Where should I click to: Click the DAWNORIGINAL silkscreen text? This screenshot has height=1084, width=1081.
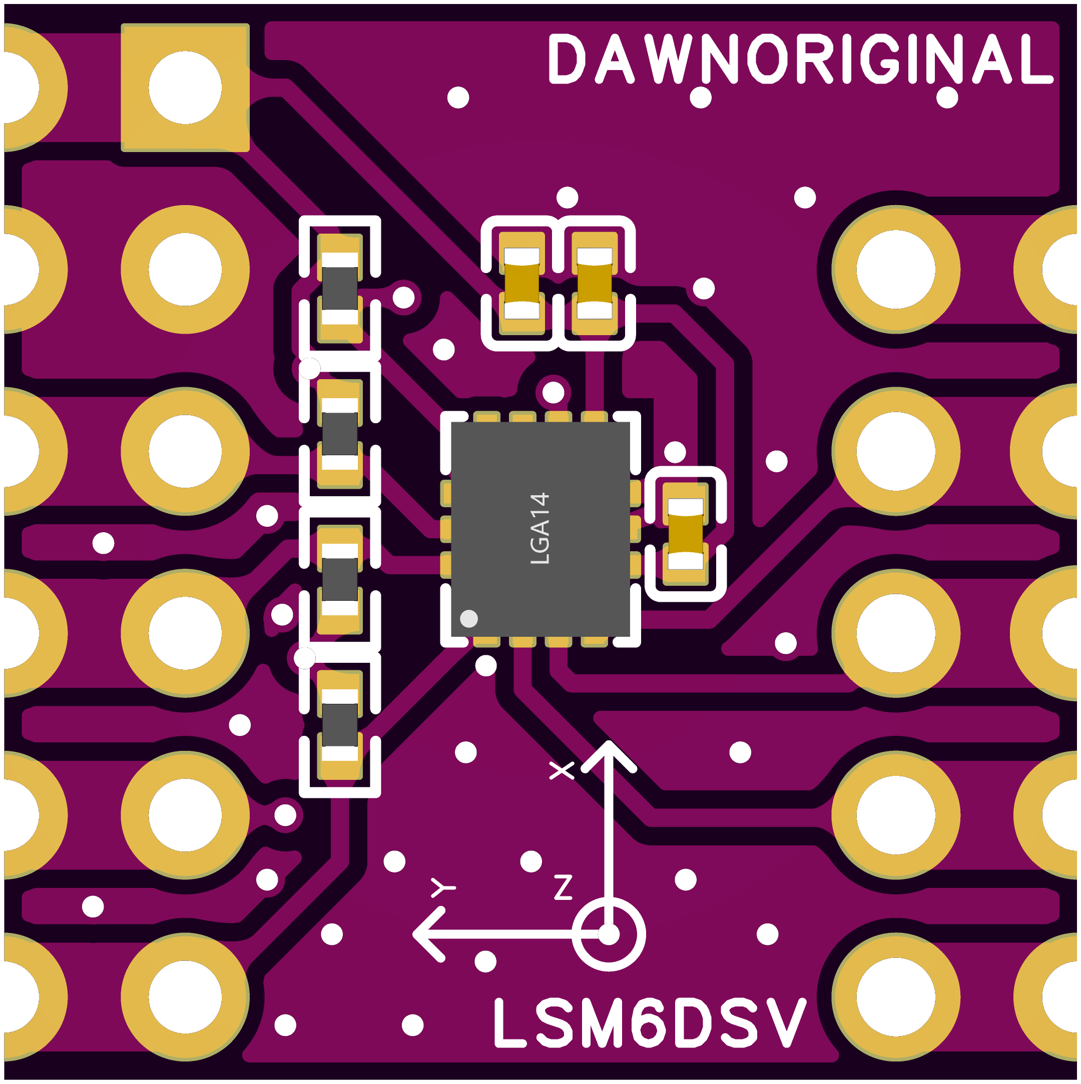click(x=799, y=59)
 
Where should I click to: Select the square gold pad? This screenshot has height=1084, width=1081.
click(x=185, y=88)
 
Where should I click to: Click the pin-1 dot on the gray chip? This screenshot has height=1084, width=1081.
click(x=468, y=618)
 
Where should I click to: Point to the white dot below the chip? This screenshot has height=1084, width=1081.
click(x=485, y=665)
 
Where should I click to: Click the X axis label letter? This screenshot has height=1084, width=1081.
click(x=561, y=770)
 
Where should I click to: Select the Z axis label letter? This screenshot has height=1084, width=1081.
click(x=563, y=887)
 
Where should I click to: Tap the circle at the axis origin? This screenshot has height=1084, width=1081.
click(x=609, y=934)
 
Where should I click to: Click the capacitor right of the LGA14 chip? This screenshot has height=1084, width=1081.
click(x=685, y=533)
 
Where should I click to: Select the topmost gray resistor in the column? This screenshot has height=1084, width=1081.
click(x=340, y=288)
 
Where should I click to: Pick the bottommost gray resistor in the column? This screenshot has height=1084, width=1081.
click(x=340, y=724)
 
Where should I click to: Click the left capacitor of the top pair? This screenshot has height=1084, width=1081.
click(x=521, y=283)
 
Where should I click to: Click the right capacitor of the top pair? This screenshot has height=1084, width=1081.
click(x=595, y=283)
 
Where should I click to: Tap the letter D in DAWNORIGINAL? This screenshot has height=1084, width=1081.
click(x=567, y=59)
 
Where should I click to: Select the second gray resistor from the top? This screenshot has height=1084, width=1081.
click(x=340, y=434)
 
